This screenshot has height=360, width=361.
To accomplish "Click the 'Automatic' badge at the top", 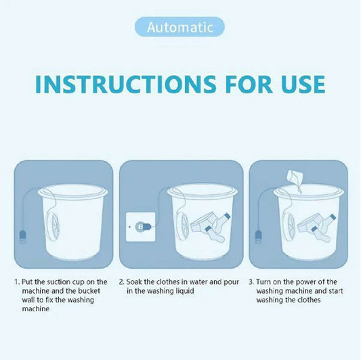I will (x=179, y=27).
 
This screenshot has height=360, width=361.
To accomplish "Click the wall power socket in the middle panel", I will (x=140, y=225).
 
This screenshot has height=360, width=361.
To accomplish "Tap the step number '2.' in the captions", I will (x=121, y=282).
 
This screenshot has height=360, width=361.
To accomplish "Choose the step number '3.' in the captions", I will (x=251, y=282).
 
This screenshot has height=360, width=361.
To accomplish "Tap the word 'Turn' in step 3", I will (x=265, y=282).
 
